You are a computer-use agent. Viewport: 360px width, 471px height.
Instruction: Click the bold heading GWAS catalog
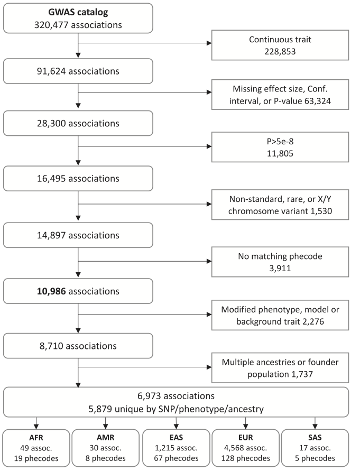[78, 12]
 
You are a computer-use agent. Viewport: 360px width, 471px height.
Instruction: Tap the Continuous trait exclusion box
[280, 45]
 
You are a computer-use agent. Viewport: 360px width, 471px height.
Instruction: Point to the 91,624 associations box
[78, 71]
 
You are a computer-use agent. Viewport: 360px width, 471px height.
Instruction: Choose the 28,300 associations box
[78, 124]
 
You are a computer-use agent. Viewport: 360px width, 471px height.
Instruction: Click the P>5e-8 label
[280, 141]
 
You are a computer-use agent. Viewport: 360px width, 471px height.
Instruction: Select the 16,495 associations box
[78, 179]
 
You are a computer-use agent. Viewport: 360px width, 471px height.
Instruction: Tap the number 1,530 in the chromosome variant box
[321, 211]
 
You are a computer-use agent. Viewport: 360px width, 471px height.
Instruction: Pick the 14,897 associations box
[78, 235]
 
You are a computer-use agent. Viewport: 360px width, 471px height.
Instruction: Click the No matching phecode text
[280, 256]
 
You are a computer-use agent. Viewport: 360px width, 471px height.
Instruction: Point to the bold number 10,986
[51, 291]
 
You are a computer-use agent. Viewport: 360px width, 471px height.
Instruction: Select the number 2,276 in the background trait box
[313, 322]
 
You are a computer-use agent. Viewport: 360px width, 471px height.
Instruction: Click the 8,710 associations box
[78, 346]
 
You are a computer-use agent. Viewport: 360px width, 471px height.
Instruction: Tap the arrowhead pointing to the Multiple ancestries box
[209, 367]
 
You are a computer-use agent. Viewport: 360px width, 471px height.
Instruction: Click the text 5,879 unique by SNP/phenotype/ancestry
[176, 409]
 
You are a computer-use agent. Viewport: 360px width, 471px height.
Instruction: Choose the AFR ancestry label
[36, 438]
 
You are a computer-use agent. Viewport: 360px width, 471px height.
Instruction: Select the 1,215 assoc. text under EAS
[176, 448]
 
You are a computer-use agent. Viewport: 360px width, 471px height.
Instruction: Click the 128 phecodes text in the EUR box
[245, 458]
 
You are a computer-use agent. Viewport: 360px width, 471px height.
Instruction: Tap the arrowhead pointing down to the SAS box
[315, 427]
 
